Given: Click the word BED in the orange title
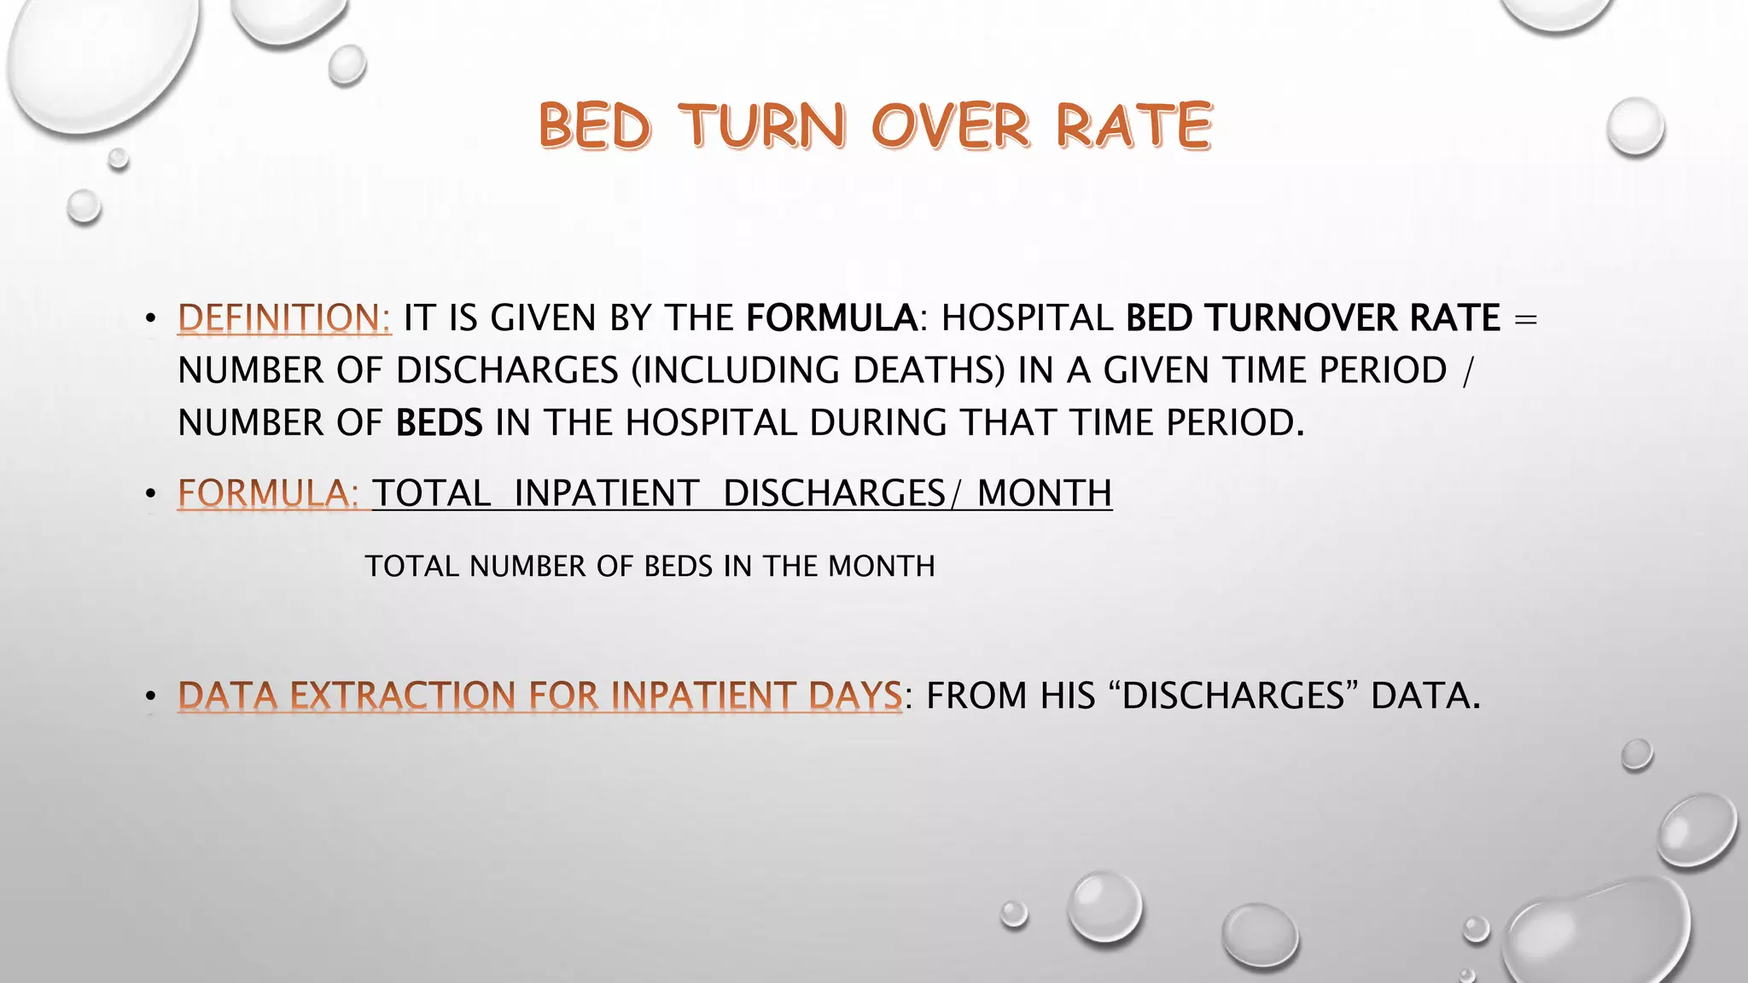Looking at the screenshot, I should [595, 126].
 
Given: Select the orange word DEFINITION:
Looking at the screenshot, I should [284, 318].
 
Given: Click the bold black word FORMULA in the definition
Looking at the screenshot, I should [831, 318].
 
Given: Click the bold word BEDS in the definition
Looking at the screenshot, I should [439, 423].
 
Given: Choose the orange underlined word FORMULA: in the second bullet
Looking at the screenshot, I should [268, 493].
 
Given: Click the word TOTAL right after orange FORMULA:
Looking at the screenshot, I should [431, 493].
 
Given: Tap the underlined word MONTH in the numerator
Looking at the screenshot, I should [1044, 493].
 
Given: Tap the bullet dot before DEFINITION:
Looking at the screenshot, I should [151, 319].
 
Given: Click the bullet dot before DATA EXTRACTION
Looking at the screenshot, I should [151, 697].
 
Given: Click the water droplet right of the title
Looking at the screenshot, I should [1634, 126].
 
